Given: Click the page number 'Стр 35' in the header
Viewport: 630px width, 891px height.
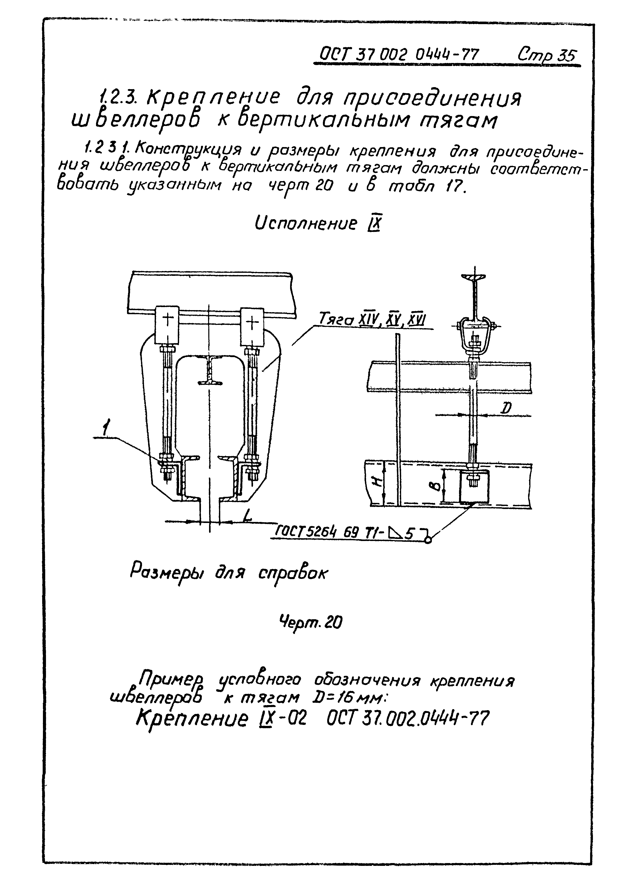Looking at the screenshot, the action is (547, 55).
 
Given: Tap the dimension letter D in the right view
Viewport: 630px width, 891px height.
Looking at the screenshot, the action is (506, 408).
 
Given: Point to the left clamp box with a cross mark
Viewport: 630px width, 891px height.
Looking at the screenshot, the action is (167, 325).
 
